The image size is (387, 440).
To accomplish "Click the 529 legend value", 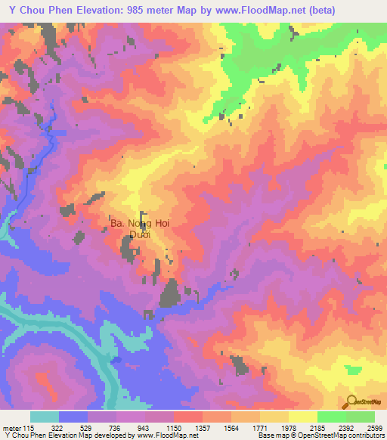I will (x=88, y=427).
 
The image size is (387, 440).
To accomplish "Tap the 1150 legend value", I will (x=173, y=427).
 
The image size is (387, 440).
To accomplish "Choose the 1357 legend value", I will (x=202, y=427).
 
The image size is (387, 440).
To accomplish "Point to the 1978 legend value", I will (x=288, y=427).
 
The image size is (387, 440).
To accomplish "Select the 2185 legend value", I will (x=317, y=427).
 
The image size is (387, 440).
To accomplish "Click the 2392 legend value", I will (x=345, y=427).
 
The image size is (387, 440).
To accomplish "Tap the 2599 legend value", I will (x=373, y=427).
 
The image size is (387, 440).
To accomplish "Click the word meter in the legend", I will (x=11, y=427).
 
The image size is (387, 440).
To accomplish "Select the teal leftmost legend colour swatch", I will (x=45, y=417).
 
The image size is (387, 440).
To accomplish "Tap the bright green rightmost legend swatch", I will (x=361, y=417).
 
